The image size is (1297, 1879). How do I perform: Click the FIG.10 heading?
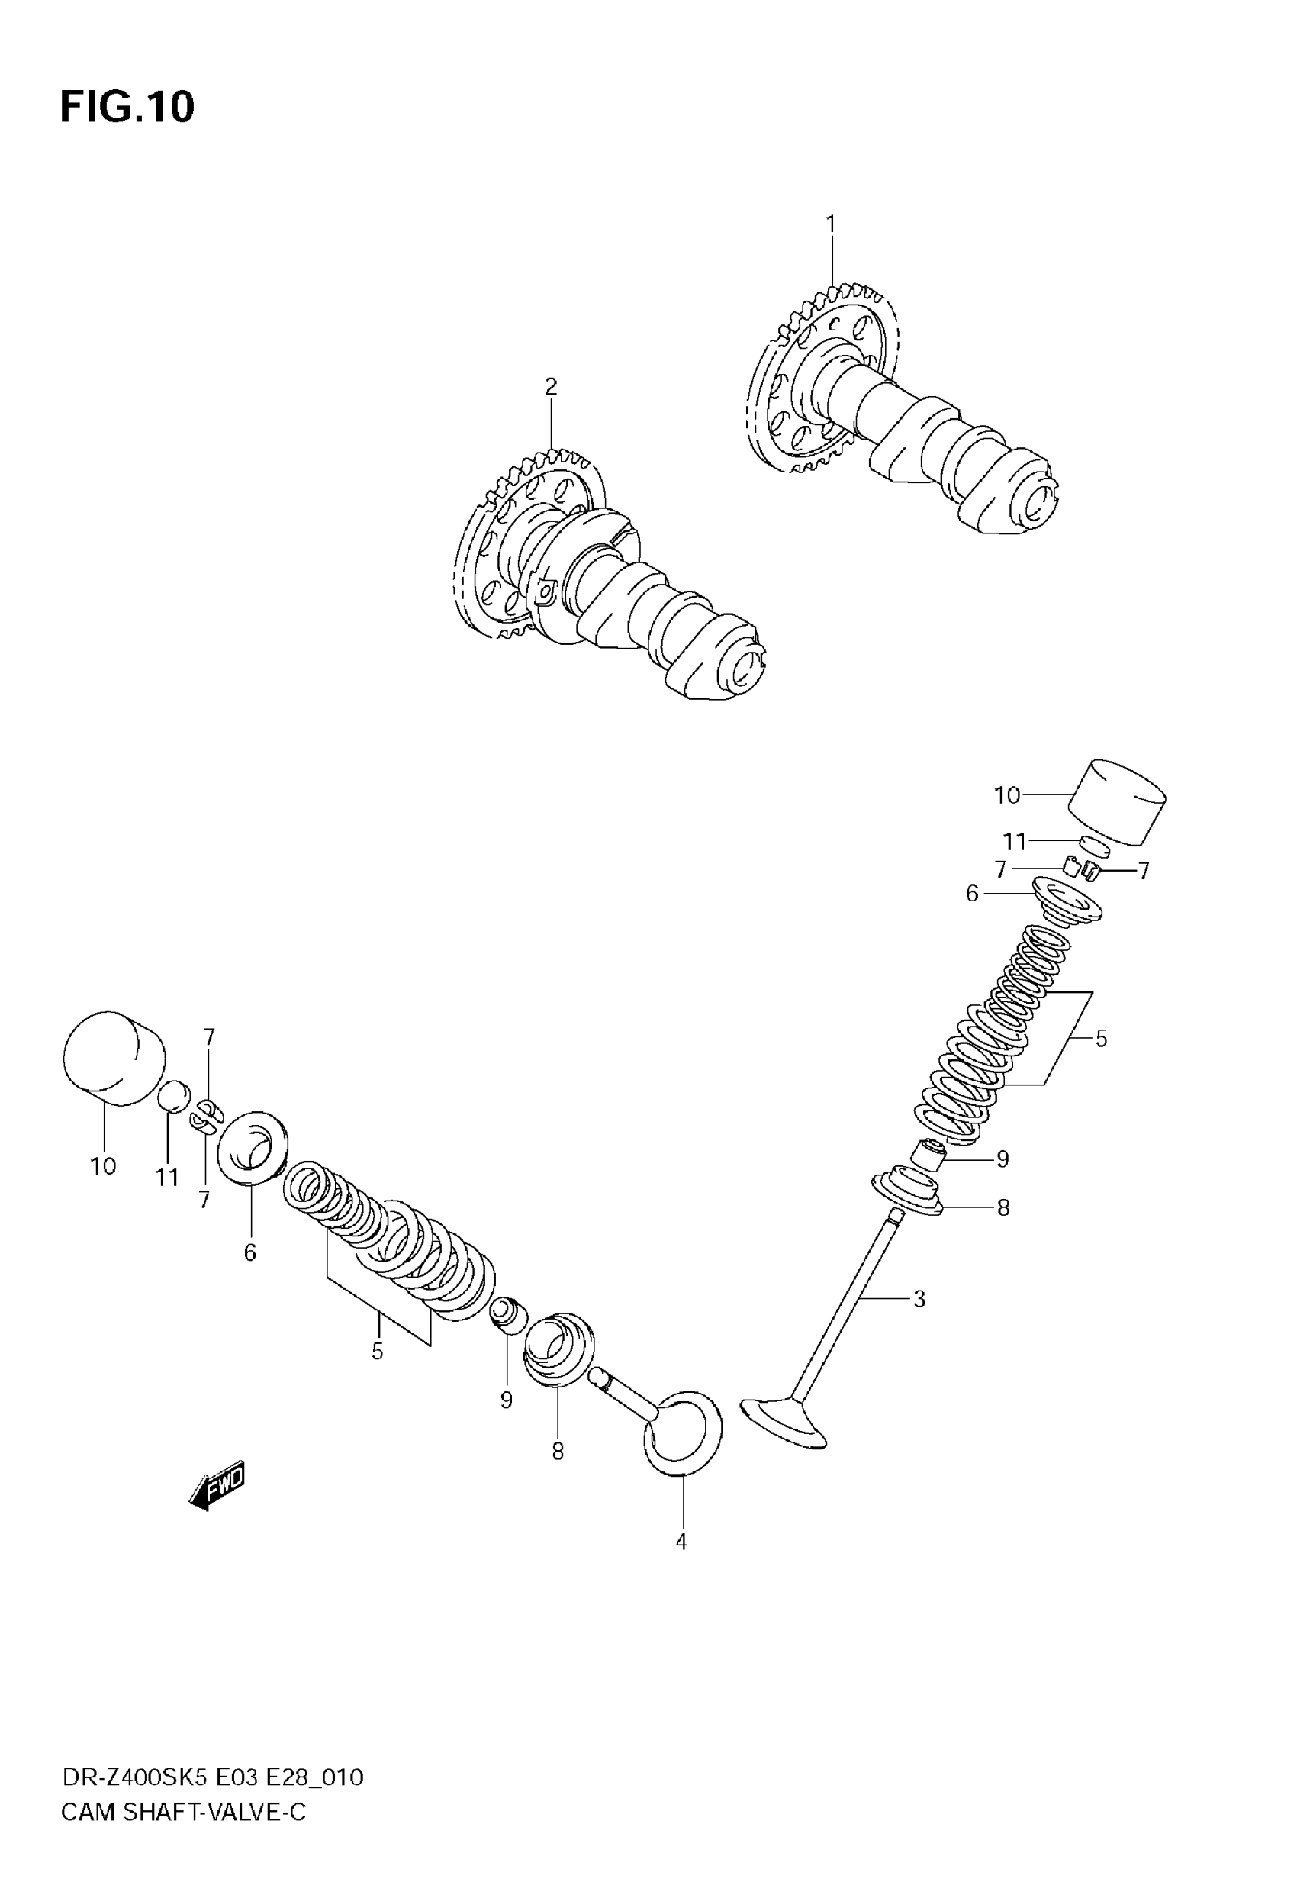click(127, 108)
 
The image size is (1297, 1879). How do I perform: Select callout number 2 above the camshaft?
click(551, 386)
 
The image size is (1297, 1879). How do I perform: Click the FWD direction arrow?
click(217, 1487)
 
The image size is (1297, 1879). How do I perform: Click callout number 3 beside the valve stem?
click(919, 1299)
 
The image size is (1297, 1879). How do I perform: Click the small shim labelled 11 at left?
click(173, 1097)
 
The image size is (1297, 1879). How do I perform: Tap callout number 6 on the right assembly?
click(972, 893)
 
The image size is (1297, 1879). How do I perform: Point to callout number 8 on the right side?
click(1003, 1207)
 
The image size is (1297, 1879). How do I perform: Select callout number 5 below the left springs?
click(377, 1351)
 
